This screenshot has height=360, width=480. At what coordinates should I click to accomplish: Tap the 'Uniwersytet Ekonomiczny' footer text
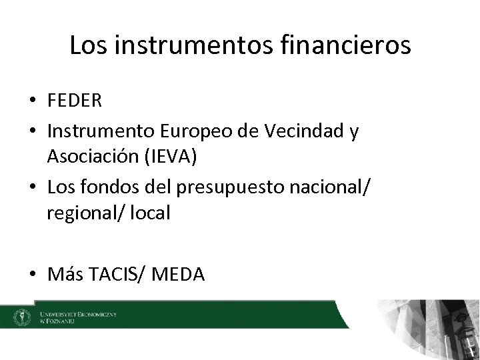(x=78, y=313)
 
